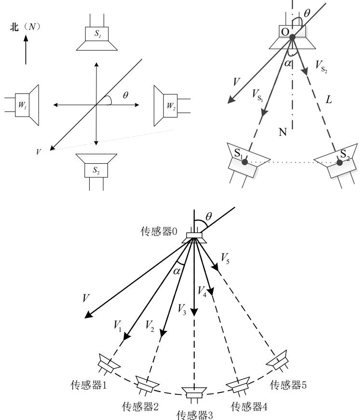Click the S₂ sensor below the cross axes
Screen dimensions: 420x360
[x=96, y=169]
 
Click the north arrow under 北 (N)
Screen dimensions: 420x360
[x=26, y=48]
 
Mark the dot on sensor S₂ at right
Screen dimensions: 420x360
[x=339, y=163]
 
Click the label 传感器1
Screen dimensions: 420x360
[x=87, y=387]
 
